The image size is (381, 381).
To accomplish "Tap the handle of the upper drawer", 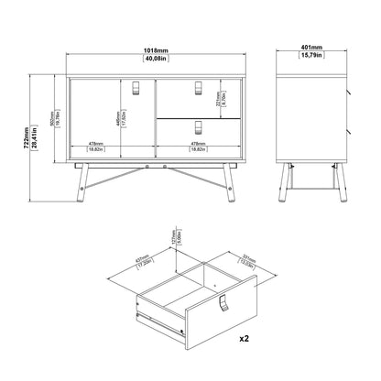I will pos(199,87).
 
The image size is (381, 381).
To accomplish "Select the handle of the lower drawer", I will pos(199,126).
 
